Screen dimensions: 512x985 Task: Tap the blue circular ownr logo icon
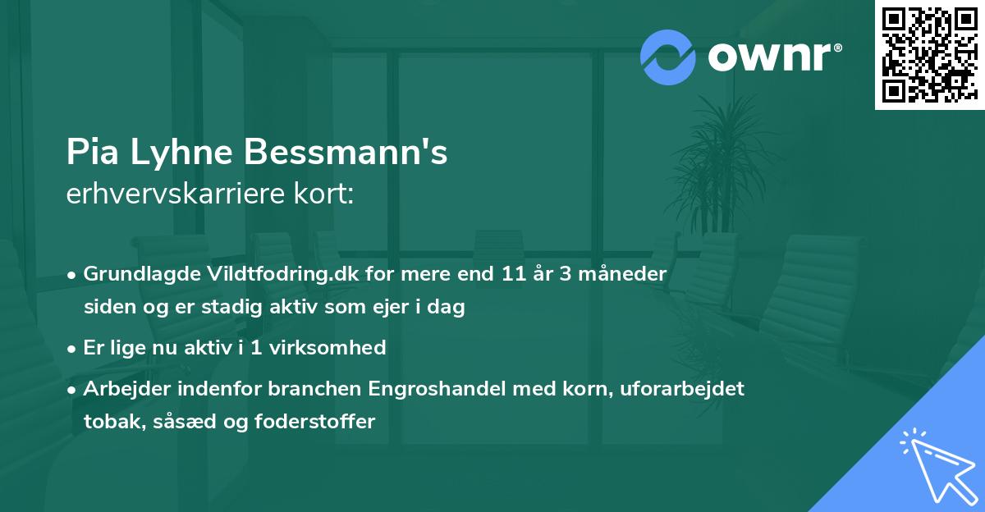point(667,57)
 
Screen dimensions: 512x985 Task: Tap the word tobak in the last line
point(108,423)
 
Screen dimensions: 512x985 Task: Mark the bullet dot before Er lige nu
point(73,348)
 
